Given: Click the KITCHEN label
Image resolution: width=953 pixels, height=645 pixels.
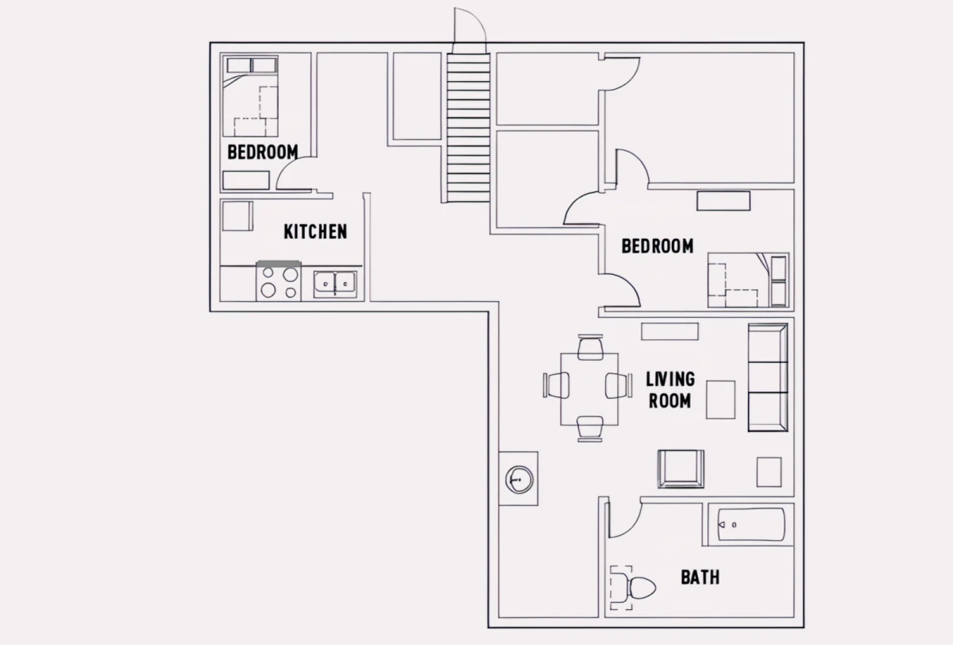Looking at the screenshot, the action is click(x=315, y=232).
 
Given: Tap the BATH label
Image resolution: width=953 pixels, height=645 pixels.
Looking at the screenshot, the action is click(x=700, y=577).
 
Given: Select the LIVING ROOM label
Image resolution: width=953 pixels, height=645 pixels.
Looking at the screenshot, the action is click(x=670, y=390).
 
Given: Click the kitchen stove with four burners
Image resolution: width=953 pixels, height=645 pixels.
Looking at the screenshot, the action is click(x=279, y=281).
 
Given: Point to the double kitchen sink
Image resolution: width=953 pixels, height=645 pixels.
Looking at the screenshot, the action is click(x=335, y=284).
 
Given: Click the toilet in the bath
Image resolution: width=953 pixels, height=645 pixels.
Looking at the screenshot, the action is click(x=633, y=588).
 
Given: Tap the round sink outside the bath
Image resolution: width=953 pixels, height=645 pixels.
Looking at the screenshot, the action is click(x=519, y=480).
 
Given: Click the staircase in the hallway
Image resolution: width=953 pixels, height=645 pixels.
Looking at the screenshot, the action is click(x=469, y=128).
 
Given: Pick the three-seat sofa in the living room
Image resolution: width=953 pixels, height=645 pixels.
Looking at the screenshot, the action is click(x=768, y=377).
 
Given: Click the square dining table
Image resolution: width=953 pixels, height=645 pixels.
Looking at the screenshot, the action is click(x=589, y=389).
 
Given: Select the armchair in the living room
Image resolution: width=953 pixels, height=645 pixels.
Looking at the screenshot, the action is click(x=681, y=469).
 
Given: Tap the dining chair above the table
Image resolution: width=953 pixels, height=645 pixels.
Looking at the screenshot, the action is click(x=590, y=347).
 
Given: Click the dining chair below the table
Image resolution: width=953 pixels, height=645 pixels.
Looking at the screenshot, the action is click(x=590, y=429).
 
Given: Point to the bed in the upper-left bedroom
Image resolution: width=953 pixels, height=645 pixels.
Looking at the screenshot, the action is click(x=250, y=96).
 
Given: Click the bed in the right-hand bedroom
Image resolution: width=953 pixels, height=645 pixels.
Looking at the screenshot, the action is click(x=748, y=280).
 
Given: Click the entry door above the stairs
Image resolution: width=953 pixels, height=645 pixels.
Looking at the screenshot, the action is click(x=469, y=25).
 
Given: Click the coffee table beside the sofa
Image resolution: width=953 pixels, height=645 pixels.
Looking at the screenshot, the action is click(x=721, y=400).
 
